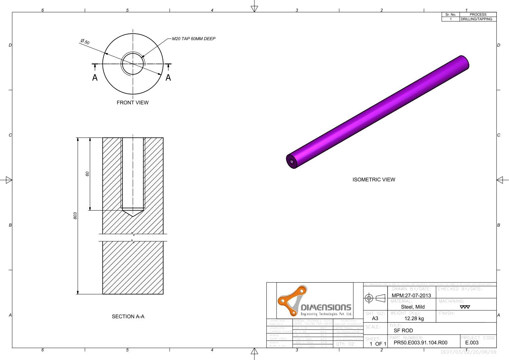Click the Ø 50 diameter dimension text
tap(85, 42)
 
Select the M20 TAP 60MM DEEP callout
tap(193, 39)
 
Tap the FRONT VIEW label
tap(132, 103)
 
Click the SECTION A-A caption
tap(128, 317)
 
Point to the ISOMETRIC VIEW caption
tap(374, 180)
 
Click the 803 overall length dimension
tap(75, 216)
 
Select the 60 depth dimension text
tap(87, 174)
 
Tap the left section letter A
tap(95, 78)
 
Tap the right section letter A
tap(168, 78)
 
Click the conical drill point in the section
tap(133, 213)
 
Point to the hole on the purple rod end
tap(291, 161)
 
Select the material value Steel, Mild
tap(413, 307)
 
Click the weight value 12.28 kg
tap(414, 319)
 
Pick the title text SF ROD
tap(403, 330)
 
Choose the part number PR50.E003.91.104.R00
tap(420, 343)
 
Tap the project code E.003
tap(472, 343)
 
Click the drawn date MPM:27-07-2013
tap(411, 295)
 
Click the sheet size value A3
tap(375, 319)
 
